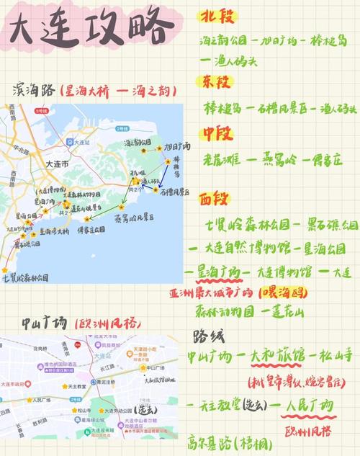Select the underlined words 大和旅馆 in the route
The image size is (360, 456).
pos(277,357)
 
